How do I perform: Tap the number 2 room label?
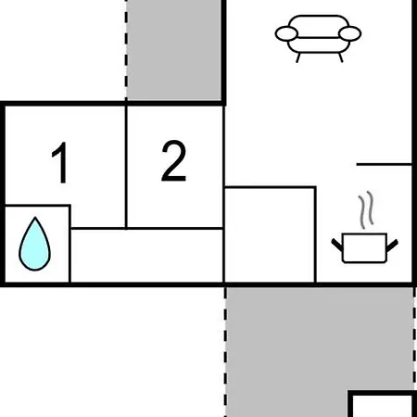(174, 160)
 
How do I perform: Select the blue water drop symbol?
(35, 244)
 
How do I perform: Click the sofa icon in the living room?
(318, 38)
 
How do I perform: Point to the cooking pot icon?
(364, 248)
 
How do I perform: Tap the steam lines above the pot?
(366, 210)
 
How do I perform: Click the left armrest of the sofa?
(286, 33)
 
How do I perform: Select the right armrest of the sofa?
(350, 33)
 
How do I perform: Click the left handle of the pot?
(337, 245)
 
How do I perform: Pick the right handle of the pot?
(392, 245)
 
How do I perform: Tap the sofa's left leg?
(298, 57)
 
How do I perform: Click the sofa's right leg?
(341, 57)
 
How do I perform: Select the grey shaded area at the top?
(174, 49)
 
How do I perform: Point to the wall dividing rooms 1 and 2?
(126, 167)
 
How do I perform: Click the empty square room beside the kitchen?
(270, 234)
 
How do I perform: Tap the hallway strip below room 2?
(146, 256)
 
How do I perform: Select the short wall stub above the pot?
(385, 164)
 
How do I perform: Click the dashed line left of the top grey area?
(126, 49)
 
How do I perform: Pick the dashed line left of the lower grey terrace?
(225, 352)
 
